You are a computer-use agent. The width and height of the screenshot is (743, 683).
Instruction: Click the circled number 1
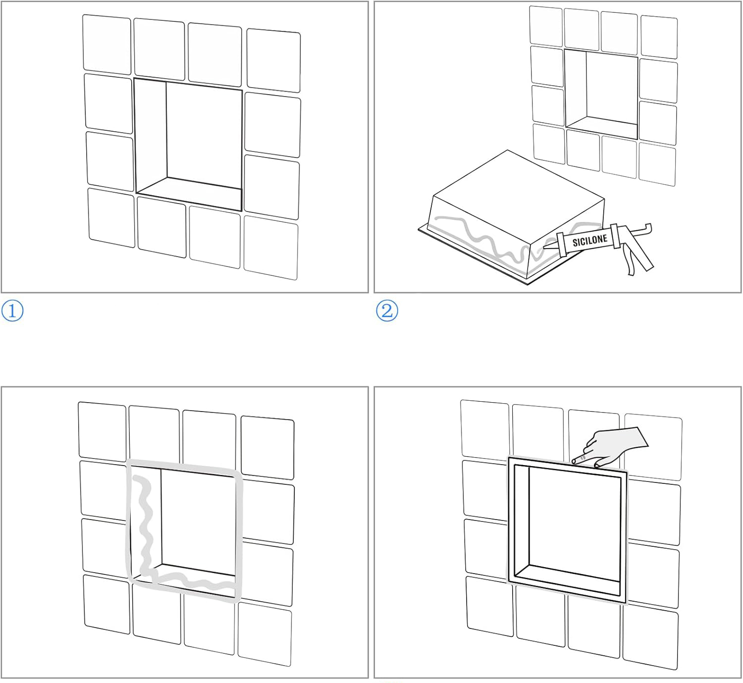(12, 311)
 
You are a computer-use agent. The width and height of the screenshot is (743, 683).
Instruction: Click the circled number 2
(387, 311)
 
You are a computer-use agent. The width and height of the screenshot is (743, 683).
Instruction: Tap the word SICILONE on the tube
(589, 240)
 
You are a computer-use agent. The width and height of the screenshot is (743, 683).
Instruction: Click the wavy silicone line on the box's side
(481, 238)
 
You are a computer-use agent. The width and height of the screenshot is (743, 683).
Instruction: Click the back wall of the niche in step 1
(204, 134)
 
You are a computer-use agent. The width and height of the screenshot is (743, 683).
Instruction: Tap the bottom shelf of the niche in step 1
(189, 193)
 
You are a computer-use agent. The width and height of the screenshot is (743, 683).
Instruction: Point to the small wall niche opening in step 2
(601, 95)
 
